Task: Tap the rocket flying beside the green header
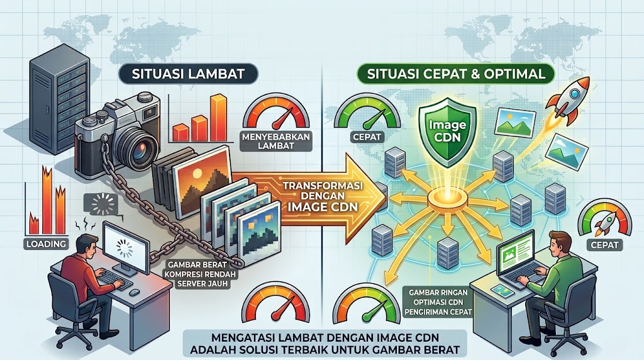pos(567,100)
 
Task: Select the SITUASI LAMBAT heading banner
pos(189,74)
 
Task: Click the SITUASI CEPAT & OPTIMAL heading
pos(457,74)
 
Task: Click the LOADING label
pos(46,244)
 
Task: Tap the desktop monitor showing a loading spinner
pos(126,249)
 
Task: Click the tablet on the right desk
pos(501,291)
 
